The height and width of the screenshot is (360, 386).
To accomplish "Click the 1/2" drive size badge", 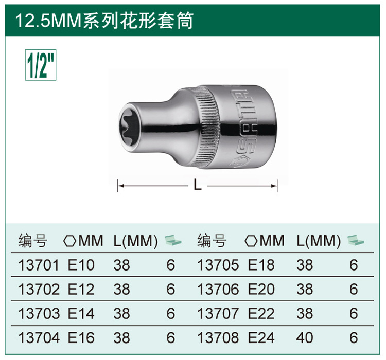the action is coord(41,65).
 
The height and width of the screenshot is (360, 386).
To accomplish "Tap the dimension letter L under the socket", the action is coord(198,185).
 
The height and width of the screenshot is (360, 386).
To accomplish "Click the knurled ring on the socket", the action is coord(208,127).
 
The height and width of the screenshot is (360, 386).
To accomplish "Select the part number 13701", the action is coord(39,265).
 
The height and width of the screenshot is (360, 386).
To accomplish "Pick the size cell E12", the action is coord(81,289).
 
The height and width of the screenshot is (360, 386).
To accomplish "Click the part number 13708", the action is coord(218,337).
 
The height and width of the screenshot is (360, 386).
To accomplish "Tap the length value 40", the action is coord(305,337).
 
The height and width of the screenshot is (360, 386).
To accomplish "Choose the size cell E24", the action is coord(261,337).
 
